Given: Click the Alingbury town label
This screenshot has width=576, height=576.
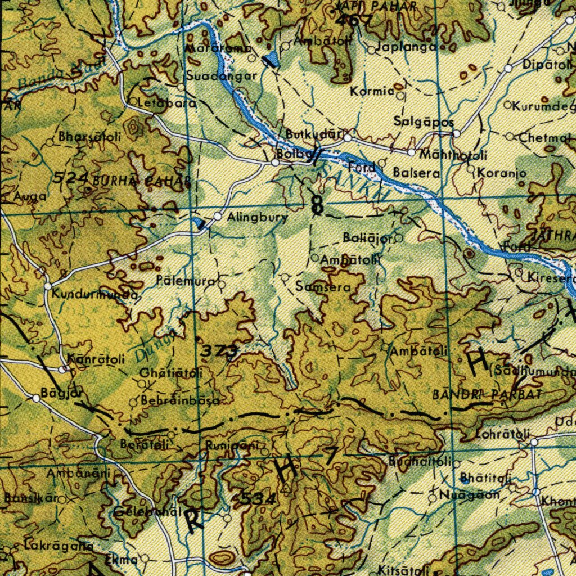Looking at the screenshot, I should [x=257, y=217].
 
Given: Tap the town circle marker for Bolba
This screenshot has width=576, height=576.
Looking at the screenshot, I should [x=275, y=163].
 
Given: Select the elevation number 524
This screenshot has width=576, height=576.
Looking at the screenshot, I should [x=72, y=179].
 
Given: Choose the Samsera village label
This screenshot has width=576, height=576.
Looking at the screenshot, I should [x=323, y=287].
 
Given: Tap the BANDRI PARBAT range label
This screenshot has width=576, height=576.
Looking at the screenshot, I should [x=487, y=395].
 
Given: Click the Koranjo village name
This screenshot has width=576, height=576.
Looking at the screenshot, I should [x=502, y=174].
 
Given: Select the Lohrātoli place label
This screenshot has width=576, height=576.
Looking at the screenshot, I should [x=502, y=434].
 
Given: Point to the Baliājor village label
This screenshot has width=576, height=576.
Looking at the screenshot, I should [x=368, y=238].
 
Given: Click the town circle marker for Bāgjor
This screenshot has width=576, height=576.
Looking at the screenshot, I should [x=37, y=398].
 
